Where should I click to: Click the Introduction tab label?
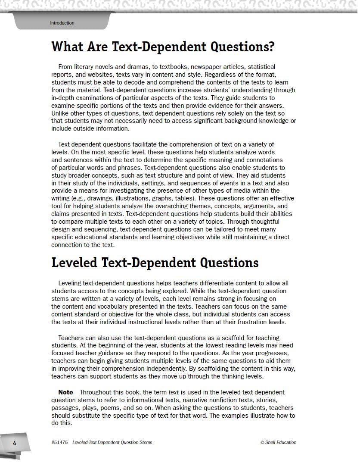(x=62, y=23)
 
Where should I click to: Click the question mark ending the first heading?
(x=271, y=47)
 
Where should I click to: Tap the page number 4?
(x=14, y=443)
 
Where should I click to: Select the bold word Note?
(x=65, y=392)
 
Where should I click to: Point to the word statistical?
(x=261, y=67)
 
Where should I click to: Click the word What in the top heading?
(x=65, y=47)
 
